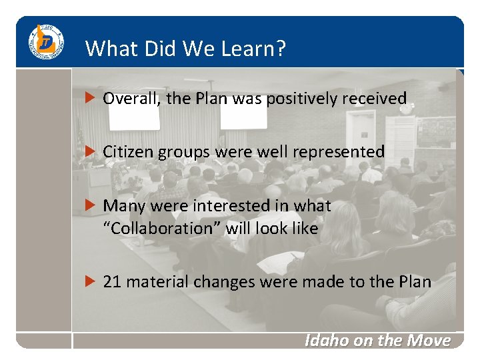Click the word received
373,99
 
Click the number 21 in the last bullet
112,282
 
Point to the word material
157,282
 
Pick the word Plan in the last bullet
415,282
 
